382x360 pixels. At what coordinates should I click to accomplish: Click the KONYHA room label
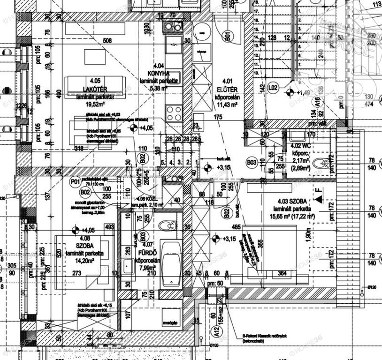tap(158, 73)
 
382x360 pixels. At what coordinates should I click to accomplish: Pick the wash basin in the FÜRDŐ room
tap(128, 266)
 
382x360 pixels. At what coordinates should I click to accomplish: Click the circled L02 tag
tap(273, 87)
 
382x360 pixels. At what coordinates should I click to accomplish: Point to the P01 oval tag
tap(74, 181)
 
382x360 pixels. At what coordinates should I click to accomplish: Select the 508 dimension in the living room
tap(107, 41)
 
